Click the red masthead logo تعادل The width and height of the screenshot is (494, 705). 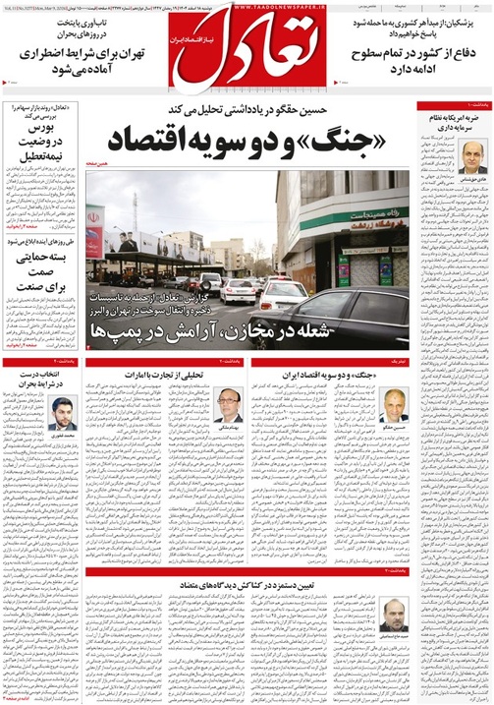pyautogui.click(x=247, y=49)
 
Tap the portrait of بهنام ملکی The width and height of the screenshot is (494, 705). pyautogui.click(x=228, y=404)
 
